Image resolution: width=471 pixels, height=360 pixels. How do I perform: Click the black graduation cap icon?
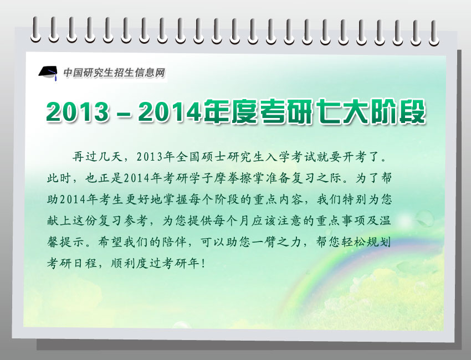48,73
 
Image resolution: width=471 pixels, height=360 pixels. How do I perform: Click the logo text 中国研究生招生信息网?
114,73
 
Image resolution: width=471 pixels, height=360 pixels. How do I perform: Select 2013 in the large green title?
78,112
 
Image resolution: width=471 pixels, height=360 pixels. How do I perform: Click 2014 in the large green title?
170,112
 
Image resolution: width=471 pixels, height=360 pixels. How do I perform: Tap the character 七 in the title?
327,111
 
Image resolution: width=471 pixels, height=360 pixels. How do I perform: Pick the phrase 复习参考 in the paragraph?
124,220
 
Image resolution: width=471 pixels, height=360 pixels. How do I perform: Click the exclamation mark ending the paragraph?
204,263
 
